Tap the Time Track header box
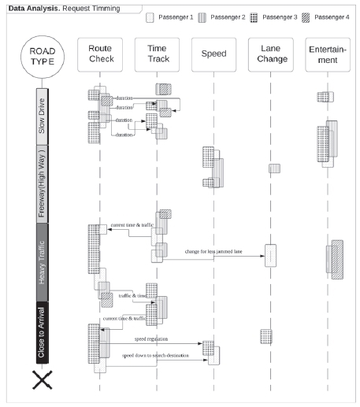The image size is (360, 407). tap(156, 54)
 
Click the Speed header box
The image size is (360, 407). tap(213, 54)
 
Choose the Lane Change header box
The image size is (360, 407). tap(269, 54)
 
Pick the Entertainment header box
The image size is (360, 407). tap(327, 54)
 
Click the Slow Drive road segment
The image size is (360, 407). tap(43, 116)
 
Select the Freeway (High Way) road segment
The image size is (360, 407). tap(43, 183)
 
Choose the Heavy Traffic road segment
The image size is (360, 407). tap(43, 262)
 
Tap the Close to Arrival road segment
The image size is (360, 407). tap(43, 331)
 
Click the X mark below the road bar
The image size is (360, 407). tap(42, 381)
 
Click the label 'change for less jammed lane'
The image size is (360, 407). tap(213, 251)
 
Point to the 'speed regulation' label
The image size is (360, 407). tap(150, 338)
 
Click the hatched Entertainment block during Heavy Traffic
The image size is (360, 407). tap(336, 259)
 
